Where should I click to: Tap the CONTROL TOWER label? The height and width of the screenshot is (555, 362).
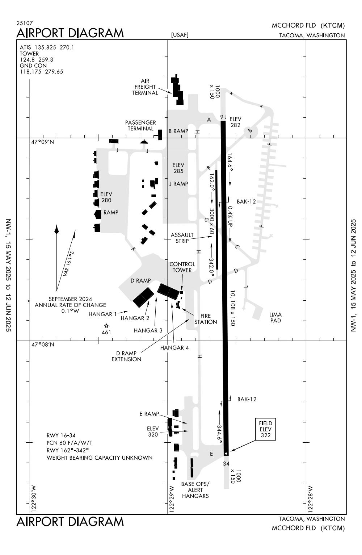tap(182, 267)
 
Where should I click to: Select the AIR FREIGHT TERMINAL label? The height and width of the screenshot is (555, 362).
tap(145, 87)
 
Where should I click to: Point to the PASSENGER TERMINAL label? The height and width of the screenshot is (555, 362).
tap(140, 125)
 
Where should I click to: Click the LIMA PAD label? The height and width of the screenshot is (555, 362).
tap(275, 317)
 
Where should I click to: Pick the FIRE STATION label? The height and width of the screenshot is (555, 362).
tap(206, 319)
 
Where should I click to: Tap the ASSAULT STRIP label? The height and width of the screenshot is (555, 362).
tap(182, 238)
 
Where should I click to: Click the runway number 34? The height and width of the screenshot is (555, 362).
tap(226, 464)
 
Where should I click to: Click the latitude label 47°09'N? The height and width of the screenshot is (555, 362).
tap(43, 142)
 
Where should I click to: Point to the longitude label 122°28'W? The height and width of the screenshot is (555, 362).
tap(310, 499)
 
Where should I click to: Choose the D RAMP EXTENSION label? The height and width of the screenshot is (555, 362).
tap(126, 356)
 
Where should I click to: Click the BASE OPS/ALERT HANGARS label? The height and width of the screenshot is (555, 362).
tap(195, 490)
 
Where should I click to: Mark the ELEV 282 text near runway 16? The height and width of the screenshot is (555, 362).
tap(235, 122)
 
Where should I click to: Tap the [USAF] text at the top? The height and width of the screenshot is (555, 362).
tap(180, 35)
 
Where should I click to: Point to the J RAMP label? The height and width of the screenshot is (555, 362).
tap(178, 184)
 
